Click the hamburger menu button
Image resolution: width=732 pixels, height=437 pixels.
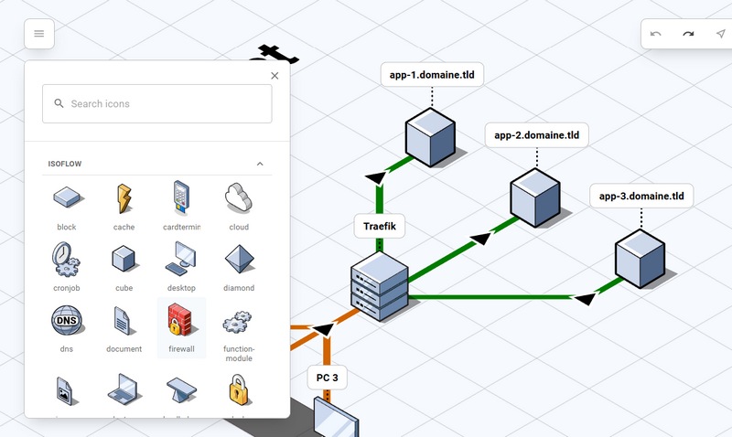click(x=38, y=34)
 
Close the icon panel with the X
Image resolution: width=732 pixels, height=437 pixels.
click(x=274, y=76)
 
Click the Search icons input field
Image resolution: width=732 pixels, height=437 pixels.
click(x=157, y=104)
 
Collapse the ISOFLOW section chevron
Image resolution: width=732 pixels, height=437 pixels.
click(x=260, y=165)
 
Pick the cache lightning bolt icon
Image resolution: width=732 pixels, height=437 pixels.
click(x=124, y=197)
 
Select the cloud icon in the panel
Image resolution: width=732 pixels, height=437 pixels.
click(x=239, y=197)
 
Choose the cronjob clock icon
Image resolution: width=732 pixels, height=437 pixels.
click(x=67, y=259)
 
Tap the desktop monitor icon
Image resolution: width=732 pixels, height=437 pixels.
click(x=181, y=259)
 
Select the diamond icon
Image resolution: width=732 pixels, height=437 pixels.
click(x=239, y=259)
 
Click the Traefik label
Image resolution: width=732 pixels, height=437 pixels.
click(x=379, y=225)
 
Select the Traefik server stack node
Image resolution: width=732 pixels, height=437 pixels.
click(x=379, y=283)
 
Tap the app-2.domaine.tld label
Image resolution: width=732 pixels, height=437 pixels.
click(x=536, y=135)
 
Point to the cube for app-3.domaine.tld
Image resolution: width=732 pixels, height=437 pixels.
click(x=640, y=256)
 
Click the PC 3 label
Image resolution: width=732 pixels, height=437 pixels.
click(x=327, y=377)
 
